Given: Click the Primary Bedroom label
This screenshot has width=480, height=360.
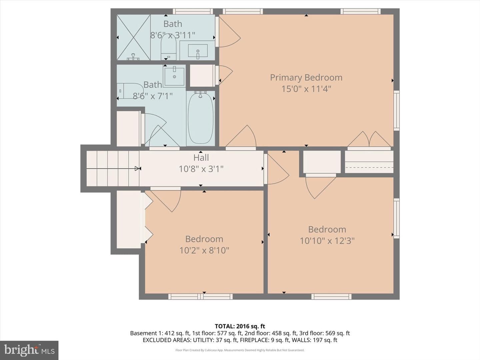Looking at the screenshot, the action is pyautogui.click(x=306, y=78).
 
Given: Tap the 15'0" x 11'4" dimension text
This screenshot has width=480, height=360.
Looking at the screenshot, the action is pyautogui.click(x=306, y=89).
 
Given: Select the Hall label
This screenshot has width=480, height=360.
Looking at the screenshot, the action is pyautogui.click(x=201, y=158).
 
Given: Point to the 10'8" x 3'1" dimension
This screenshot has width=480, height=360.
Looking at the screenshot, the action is pyautogui.click(x=201, y=169).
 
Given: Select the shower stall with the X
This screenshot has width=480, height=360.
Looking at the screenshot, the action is pyautogui.click(x=134, y=37).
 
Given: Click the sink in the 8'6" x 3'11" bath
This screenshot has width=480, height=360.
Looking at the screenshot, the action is pyautogui.click(x=198, y=51).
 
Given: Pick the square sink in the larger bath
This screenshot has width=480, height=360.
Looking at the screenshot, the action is pyautogui.click(x=174, y=76).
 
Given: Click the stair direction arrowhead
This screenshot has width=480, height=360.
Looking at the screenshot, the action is pyautogui.click(x=137, y=169).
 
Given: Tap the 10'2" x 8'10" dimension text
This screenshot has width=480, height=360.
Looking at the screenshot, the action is pyautogui.click(x=204, y=250).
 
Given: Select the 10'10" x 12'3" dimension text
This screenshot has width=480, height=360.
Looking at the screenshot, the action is pyautogui.click(x=327, y=241).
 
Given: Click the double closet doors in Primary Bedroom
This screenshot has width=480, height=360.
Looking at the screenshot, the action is pyautogui.click(x=369, y=139).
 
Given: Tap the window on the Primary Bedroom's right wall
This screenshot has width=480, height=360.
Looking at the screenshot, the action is pyautogui.click(x=397, y=111).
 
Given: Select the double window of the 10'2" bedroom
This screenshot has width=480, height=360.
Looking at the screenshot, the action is pyautogui.click(x=201, y=297).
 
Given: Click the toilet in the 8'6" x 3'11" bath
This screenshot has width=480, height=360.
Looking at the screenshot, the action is pyautogui.click(x=168, y=47).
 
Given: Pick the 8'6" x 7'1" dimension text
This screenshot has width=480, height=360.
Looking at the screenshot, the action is pyautogui.click(x=153, y=96).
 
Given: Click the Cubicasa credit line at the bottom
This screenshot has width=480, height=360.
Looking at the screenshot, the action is pyautogui.click(x=240, y=350).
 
